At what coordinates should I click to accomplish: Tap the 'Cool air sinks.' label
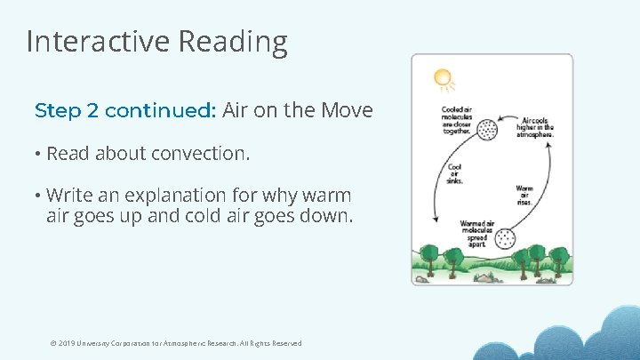click(454, 173)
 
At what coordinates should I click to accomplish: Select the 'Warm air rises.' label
click(524, 194)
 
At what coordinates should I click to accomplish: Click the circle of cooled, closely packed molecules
click(486, 131)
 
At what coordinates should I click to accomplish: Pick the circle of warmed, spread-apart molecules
click(505, 239)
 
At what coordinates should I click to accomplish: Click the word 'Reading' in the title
click(233, 42)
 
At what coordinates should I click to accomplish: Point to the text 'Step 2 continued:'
click(125, 111)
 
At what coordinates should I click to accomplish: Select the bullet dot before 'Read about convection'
click(38, 155)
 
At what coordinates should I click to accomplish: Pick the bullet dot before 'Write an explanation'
click(38, 196)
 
